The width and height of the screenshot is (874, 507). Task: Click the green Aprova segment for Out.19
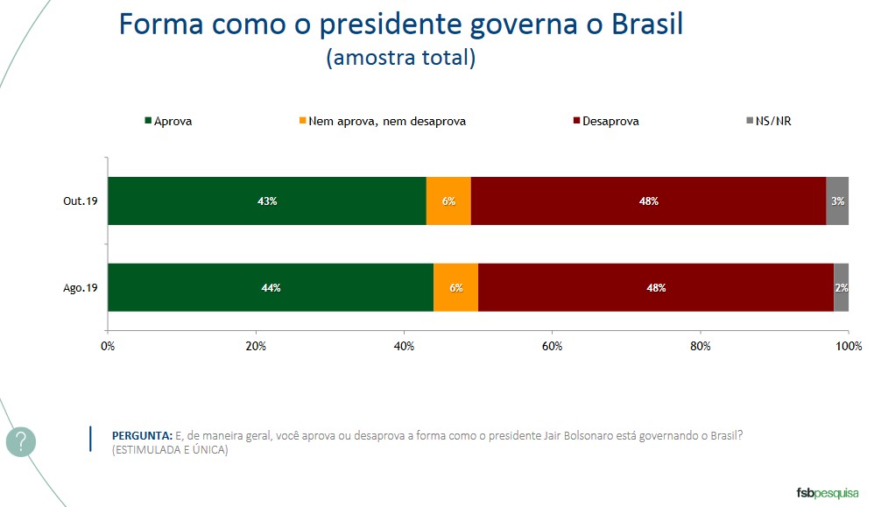click(x=267, y=201)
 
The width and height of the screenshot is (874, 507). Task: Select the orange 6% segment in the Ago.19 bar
click(x=455, y=287)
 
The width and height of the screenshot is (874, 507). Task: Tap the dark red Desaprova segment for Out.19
click(x=648, y=201)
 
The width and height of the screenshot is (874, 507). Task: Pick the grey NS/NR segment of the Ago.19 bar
click(x=841, y=287)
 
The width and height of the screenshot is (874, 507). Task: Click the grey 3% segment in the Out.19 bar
click(x=837, y=201)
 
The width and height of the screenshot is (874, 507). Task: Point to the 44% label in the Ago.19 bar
click(x=271, y=288)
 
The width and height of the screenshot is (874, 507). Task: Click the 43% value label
click(x=267, y=201)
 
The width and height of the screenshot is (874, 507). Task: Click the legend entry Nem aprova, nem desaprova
click(x=382, y=122)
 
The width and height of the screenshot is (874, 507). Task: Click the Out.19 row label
click(x=80, y=201)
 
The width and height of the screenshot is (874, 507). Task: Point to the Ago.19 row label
click(x=80, y=288)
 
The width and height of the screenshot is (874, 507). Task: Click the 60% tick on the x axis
click(x=552, y=346)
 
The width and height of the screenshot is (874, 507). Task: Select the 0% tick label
click(x=108, y=346)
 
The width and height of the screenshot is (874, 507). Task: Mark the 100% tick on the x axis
click(x=848, y=346)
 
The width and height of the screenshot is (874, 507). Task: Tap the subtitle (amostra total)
click(x=400, y=59)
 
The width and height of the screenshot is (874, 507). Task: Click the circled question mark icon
click(x=21, y=441)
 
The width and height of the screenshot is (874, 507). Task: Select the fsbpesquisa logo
click(x=828, y=491)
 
